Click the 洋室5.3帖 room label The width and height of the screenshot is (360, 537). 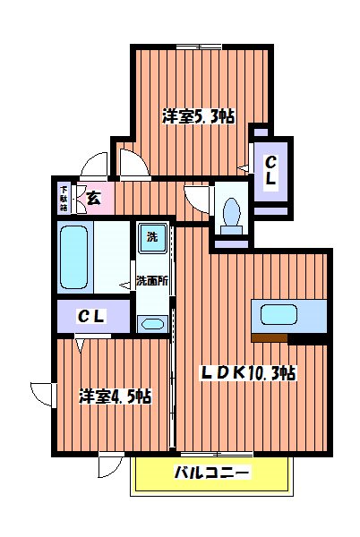point(198,115)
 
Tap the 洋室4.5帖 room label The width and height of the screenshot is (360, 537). point(114,395)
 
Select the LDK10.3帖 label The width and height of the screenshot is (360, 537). point(247,373)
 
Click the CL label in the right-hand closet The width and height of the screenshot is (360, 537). point(270,170)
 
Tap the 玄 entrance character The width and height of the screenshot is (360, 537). point(93,197)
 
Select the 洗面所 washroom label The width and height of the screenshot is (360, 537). point(151,281)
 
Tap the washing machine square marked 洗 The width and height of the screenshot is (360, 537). point(151,237)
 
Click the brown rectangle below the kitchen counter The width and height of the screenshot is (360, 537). point(270,337)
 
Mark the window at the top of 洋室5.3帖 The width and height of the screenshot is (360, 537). point(199,46)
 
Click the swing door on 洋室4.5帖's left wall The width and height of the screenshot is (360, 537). point(42,393)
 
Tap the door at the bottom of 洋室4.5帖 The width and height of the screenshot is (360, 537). point(111,465)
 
